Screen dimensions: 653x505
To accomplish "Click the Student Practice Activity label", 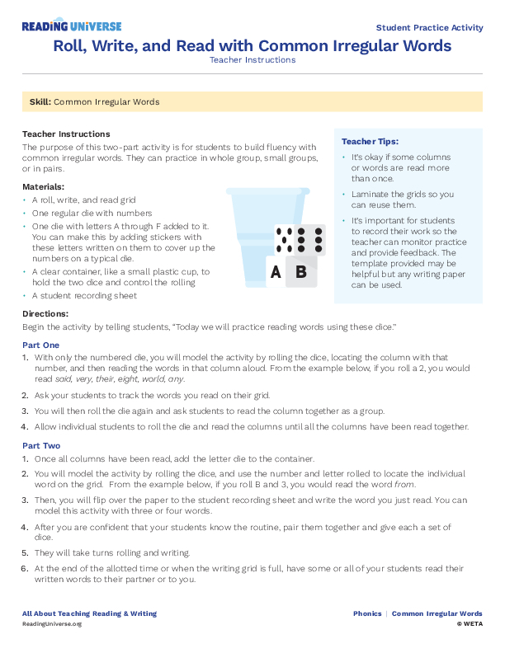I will pyautogui.click(x=429, y=27).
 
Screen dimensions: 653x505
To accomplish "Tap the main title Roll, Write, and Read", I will pyautogui.click(x=252, y=45).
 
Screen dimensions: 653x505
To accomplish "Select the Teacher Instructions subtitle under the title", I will pyautogui.click(x=252, y=60).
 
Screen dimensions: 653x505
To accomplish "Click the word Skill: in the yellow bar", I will pyautogui.click(x=40, y=102).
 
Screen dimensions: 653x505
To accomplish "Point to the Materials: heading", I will pyautogui.click(x=43, y=187).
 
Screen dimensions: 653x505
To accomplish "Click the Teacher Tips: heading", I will pyautogui.click(x=370, y=142).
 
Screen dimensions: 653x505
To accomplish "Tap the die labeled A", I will pyautogui.click(x=276, y=271).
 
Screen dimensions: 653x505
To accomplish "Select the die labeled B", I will pyautogui.click(x=301, y=270).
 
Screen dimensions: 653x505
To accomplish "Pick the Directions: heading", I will pyautogui.click(x=45, y=314).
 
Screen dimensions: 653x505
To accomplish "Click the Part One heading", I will pyautogui.click(x=41, y=345).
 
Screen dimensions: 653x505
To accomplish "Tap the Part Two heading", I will pyautogui.click(x=41, y=445).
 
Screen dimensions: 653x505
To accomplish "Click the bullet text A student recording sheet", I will pyautogui.click(x=84, y=295).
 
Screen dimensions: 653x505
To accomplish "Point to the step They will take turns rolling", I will pyautogui.click(x=112, y=552).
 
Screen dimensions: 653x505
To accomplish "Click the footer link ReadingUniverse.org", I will pyautogui.click(x=52, y=624).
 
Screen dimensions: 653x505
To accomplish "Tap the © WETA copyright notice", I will pyautogui.click(x=469, y=624).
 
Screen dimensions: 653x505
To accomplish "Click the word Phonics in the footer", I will pyautogui.click(x=367, y=613).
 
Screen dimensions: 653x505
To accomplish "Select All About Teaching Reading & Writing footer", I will pyautogui.click(x=89, y=613).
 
